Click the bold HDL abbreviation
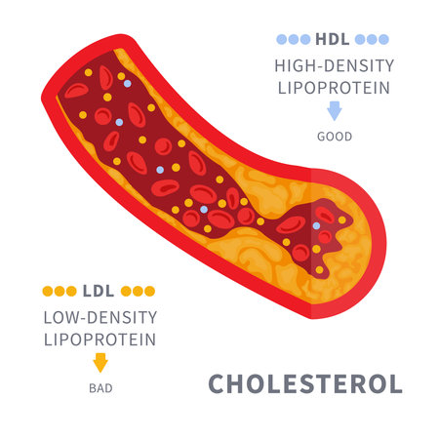tap(333, 39)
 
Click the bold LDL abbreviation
tap(99, 291)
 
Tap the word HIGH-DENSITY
tap(335, 65)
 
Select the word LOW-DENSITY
tap(100, 317)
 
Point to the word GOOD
tap(335, 137)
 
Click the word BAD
tap(100, 388)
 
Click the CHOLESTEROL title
tap(305, 384)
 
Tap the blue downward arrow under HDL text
tap(335, 110)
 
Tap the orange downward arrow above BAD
tap(100, 363)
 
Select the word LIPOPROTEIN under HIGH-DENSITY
tap(334, 88)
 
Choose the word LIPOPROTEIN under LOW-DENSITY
tap(100, 339)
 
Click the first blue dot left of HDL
tap(282, 39)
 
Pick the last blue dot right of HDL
tap(383, 39)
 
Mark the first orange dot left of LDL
tap(48, 291)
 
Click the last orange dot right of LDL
tap(149, 291)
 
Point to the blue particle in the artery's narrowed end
tap(316, 225)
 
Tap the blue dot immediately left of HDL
tap(305, 39)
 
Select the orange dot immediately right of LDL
tap(126, 291)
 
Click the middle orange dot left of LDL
tap(60, 291)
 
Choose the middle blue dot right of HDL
tap(372, 39)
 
